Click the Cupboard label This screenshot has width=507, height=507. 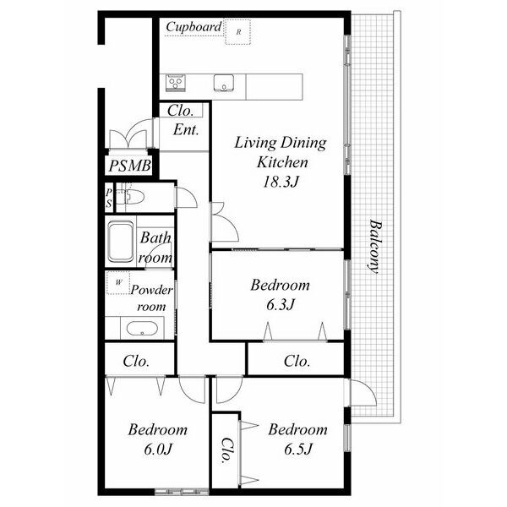click(x=194, y=27)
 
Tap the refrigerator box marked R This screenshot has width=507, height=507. click(x=238, y=32)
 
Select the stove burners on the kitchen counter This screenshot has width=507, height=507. click(x=176, y=83)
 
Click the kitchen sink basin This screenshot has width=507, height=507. click(x=224, y=83)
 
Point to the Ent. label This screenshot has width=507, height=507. click(x=186, y=130)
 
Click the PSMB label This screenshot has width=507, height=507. click(x=129, y=166)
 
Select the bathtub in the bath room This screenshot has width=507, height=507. click(x=121, y=241)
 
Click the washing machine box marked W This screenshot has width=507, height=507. click(x=118, y=282)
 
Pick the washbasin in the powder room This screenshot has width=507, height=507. click(x=142, y=329)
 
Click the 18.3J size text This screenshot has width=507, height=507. click(x=280, y=182)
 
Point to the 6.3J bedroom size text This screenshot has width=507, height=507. click(x=281, y=304)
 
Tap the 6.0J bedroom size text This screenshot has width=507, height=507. click(x=157, y=449)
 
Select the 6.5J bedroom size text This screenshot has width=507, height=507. click(x=298, y=449)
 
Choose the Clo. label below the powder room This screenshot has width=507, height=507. click(x=136, y=361)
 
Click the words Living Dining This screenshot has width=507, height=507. click(x=281, y=143)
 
